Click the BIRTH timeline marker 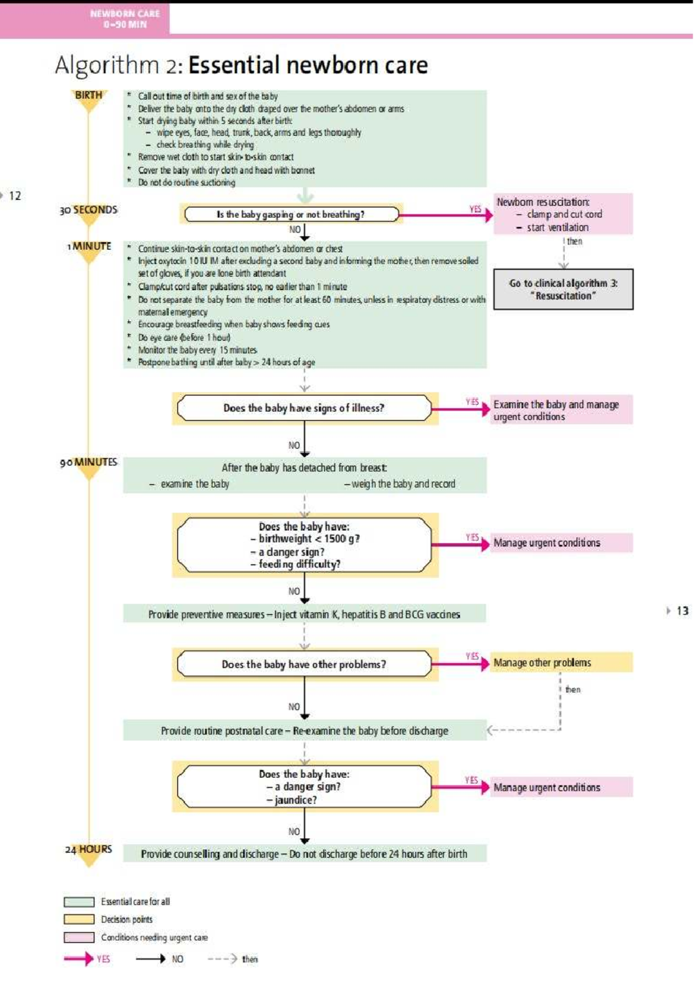[x=88, y=95]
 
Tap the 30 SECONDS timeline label [x=88, y=210]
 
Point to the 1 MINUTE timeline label [x=89, y=246]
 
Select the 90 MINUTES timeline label [x=88, y=462]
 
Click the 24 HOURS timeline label [x=88, y=849]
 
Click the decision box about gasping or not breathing [x=291, y=215]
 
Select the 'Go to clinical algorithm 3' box [x=563, y=289]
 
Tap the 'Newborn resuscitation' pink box [x=562, y=214]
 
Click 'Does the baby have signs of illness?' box [x=304, y=408]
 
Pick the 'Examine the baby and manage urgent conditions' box [x=562, y=410]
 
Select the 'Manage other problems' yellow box [x=562, y=663]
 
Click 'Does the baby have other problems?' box [x=304, y=665]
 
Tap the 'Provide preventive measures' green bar [x=304, y=615]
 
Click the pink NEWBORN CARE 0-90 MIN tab [x=124, y=19]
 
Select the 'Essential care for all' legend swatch [x=79, y=902]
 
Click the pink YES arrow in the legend [x=78, y=959]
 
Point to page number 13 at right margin [x=682, y=611]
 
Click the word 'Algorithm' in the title [x=107, y=65]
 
